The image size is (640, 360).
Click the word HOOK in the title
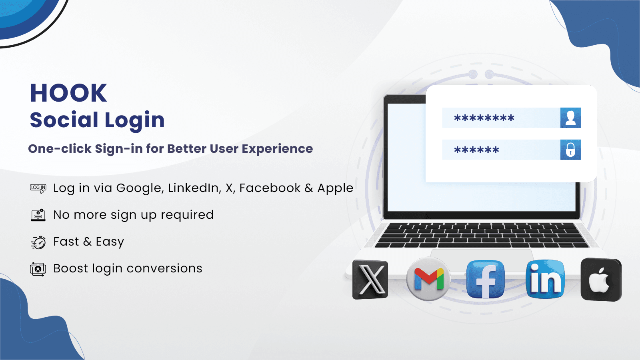(68, 93)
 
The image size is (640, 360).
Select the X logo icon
(370, 280)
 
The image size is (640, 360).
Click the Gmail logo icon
(428, 279)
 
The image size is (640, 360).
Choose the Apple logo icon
(601, 280)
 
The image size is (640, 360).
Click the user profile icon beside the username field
(570, 118)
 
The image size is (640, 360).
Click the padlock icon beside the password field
(570, 150)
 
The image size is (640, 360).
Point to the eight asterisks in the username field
(484, 118)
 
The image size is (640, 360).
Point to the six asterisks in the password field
(476, 150)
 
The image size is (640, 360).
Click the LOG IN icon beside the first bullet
(38, 188)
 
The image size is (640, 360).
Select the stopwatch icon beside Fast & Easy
(38, 242)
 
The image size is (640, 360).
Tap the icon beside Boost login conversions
(38, 269)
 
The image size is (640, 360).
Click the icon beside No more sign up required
(38, 215)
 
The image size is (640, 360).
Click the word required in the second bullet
(187, 215)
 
